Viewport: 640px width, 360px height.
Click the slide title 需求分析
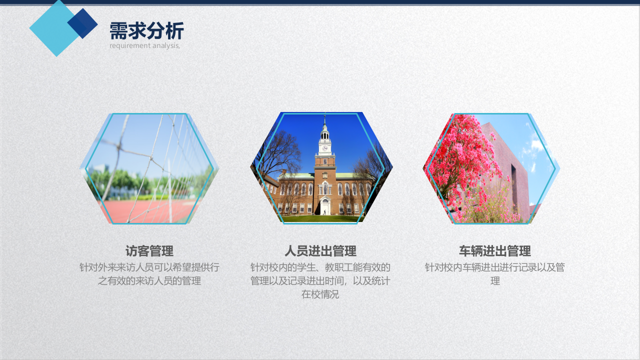(x=146, y=31)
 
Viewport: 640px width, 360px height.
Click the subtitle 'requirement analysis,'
(x=144, y=45)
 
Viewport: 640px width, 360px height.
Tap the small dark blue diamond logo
(x=83, y=23)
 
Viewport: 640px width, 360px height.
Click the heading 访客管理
(x=149, y=251)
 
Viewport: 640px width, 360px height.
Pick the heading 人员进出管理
(x=320, y=251)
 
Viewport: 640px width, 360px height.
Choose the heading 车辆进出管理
(x=494, y=251)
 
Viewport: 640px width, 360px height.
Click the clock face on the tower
(x=325, y=147)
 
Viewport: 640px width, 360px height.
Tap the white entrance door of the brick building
(x=325, y=208)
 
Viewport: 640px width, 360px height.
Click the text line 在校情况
(x=320, y=294)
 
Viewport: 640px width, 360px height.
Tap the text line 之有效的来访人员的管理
(x=149, y=281)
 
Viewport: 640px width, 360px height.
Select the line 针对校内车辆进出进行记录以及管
(x=494, y=267)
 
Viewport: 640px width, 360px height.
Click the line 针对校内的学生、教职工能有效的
(x=320, y=267)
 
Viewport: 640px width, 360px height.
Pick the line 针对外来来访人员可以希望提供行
(x=149, y=267)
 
